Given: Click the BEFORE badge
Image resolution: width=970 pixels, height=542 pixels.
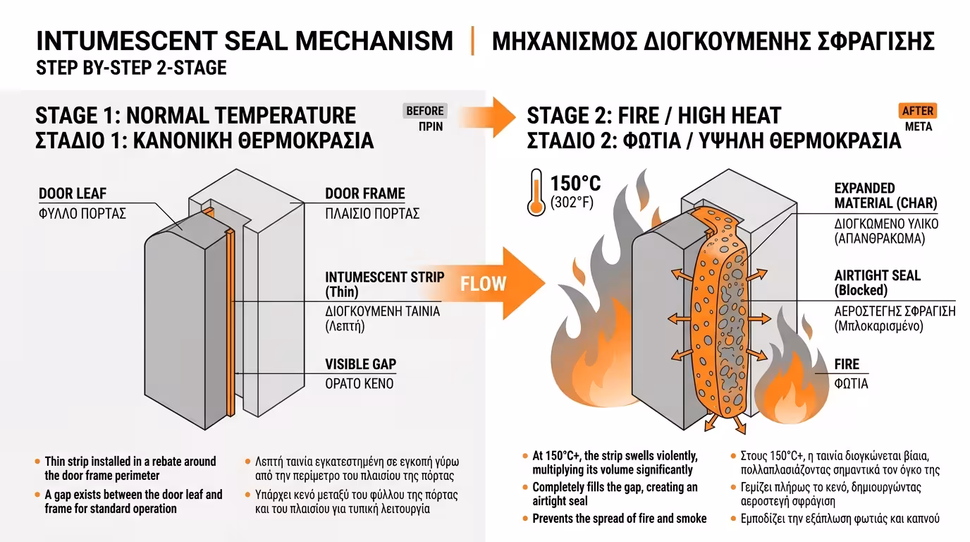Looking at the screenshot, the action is coord(425,111).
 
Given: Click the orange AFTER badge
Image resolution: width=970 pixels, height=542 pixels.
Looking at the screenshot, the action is coord(918,111).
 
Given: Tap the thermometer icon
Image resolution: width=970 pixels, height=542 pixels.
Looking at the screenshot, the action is coord(536,192).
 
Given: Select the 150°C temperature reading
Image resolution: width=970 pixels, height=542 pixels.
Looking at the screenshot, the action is coord(575,183).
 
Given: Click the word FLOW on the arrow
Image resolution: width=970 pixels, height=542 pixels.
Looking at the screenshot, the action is coord(483,284).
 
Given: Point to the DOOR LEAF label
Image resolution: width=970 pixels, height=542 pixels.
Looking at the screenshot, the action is coord(73,193).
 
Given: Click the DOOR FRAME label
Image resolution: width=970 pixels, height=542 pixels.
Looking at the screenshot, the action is coord(365,193).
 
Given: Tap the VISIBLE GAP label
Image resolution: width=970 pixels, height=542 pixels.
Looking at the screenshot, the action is coord(361,364).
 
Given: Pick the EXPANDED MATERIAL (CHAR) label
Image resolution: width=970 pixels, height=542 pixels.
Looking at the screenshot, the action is coord(885,195).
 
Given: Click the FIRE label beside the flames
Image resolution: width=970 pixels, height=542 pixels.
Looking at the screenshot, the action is coord(847,364).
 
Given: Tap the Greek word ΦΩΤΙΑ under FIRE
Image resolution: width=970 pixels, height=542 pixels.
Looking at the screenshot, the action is coord(851,384).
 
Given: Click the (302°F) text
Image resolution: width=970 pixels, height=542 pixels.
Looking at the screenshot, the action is coord(572,202).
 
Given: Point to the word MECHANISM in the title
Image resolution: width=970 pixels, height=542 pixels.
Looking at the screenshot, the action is coord(374,41).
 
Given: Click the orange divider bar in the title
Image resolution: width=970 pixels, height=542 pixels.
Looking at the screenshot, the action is coord(472,41).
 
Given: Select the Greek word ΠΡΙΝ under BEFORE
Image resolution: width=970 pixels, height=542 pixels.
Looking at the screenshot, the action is coord(431,126).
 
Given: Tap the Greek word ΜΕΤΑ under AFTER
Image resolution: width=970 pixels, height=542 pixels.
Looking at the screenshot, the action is coord(919,126).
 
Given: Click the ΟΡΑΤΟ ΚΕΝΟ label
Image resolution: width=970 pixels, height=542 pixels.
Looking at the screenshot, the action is coord(360,384).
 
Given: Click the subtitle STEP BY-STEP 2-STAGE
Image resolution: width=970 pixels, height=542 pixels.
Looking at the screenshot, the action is coord(131,68).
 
